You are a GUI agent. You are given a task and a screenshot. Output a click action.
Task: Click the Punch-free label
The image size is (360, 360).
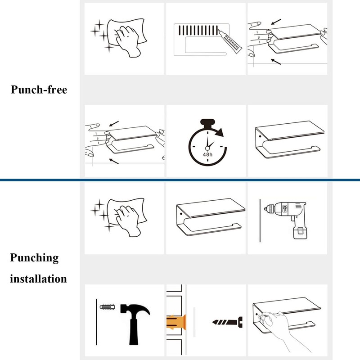tap(39, 90)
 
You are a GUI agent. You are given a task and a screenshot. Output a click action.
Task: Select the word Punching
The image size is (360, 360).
tap(35, 258)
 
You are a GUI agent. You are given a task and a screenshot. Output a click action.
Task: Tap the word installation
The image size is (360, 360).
tap(38, 279)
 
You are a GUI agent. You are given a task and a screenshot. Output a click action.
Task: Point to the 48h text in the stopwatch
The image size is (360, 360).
tap(207, 154)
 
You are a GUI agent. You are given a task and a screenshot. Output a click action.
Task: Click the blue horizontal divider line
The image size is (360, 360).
tap(180, 180)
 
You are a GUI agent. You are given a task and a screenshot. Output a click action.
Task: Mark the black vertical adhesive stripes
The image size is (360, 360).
tap(200, 31)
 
